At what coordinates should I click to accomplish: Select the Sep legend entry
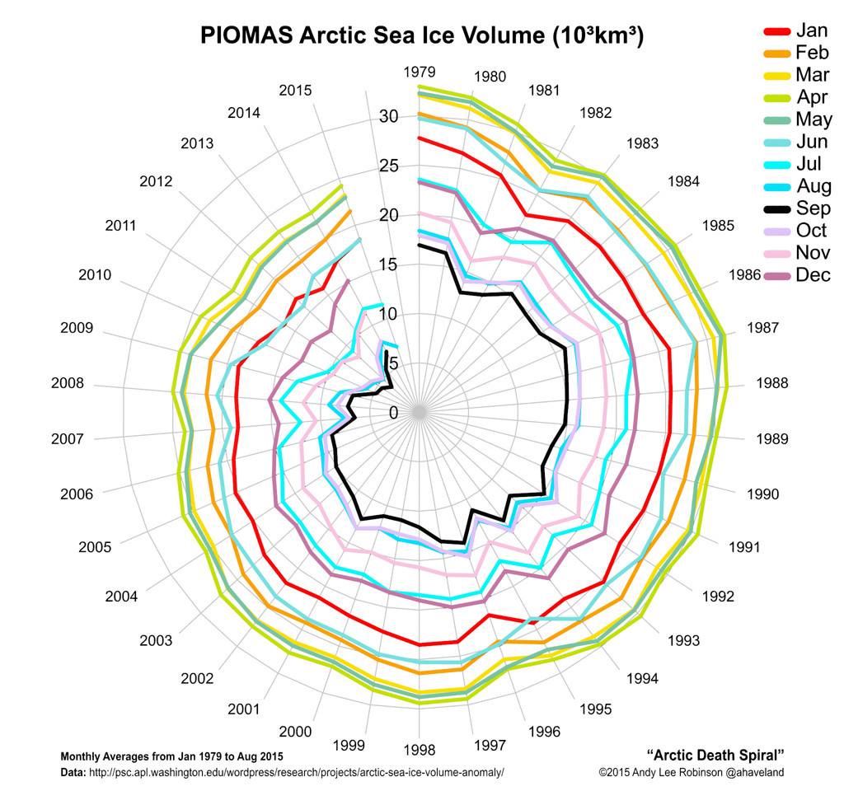pos(813,208)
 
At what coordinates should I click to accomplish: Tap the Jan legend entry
pos(812,30)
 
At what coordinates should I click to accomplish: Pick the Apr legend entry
pos(812,97)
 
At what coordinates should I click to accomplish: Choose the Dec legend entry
pos(813,275)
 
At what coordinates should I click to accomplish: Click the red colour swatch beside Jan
pos(776,31)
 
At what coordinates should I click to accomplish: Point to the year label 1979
pos(420,72)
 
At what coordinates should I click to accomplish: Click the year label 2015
pos(295,90)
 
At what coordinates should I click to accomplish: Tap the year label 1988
pos(771,383)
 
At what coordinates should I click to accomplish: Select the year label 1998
pos(420,749)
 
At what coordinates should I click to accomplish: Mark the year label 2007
pos(67,439)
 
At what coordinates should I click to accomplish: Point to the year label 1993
pos(683,640)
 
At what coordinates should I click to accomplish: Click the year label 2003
pos(156,640)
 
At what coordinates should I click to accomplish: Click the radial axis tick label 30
pos(388,117)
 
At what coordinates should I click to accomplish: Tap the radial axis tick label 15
pos(388,264)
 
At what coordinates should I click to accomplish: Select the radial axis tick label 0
pos(392,413)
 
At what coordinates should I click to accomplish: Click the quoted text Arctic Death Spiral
pos(715,755)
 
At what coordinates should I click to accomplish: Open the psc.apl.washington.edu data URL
pos(296,772)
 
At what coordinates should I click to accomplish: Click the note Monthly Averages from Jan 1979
pos(172,756)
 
